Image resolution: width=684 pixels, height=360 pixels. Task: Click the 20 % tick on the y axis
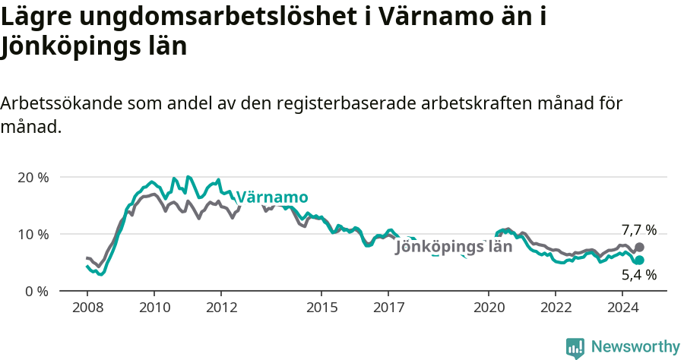tap(33, 177)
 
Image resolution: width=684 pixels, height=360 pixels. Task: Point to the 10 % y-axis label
tap(33, 234)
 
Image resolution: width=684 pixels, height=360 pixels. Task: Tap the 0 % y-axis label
tap(36, 291)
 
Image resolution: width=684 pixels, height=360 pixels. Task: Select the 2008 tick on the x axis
tap(87, 308)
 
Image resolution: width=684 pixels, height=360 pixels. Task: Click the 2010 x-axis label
tap(154, 308)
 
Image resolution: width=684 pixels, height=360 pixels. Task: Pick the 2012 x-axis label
tap(221, 308)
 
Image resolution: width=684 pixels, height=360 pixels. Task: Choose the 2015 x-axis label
tap(321, 308)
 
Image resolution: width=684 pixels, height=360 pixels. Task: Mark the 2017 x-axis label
tap(388, 308)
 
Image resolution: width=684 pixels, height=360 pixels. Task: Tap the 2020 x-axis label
tap(489, 308)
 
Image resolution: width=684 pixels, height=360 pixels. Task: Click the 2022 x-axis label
tap(556, 308)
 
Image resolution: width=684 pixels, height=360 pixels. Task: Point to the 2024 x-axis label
tap(622, 308)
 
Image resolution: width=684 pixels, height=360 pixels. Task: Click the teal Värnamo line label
tap(272, 197)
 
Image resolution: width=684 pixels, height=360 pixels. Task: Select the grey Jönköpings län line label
tap(454, 247)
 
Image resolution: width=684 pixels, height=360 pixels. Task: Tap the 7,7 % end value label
tap(638, 230)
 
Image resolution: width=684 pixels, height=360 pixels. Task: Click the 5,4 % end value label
tap(638, 275)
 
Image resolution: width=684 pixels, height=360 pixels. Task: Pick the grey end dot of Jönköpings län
tap(639, 248)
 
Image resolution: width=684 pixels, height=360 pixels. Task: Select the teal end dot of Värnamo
tap(639, 261)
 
